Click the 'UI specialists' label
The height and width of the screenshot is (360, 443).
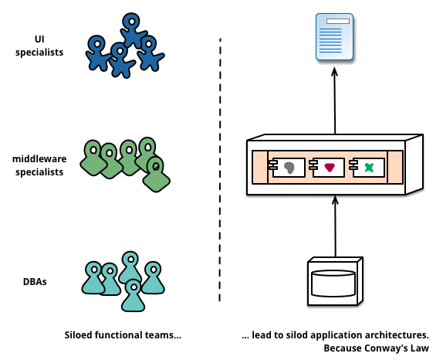(39, 46)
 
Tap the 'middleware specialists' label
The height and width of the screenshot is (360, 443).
(39, 165)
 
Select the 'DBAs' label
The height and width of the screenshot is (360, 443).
(35, 282)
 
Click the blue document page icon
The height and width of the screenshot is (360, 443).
(334, 37)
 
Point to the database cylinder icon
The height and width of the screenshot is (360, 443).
(333, 284)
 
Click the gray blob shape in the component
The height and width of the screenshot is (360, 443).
(289, 168)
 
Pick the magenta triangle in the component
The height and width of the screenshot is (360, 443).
(330, 168)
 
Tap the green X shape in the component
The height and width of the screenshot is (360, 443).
(369, 168)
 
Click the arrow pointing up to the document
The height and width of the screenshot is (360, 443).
(335, 100)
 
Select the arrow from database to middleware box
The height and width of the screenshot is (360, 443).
(336, 226)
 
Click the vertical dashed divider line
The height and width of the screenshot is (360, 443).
(220, 170)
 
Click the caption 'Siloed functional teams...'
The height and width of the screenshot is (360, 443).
(123, 335)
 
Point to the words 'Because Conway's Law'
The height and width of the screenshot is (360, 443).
(376, 348)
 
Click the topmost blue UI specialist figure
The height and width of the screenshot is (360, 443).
(133, 30)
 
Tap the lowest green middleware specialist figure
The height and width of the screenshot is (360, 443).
(156, 175)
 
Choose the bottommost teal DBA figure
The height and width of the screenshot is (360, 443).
(133, 296)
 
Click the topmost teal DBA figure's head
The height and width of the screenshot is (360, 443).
(130, 259)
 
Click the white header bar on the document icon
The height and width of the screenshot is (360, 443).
(338, 21)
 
